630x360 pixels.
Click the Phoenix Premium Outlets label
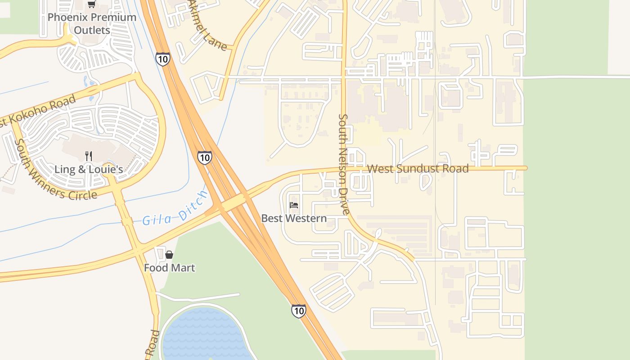pos(92,24)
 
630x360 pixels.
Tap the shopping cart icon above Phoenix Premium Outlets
pos(92,4)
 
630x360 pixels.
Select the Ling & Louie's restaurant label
pos(89,170)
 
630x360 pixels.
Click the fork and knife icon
pos(89,156)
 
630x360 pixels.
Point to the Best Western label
pos(294,218)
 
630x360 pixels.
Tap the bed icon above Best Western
pos(294,205)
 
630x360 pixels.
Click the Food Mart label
pos(169,268)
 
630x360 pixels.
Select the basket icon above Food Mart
pos(169,255)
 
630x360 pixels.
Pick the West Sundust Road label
pos(418,169)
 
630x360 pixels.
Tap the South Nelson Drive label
pos(343,164)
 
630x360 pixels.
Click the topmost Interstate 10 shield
pos(163,58)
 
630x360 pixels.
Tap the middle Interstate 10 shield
pos(204,157)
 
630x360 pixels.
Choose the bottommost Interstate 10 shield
pos(298,310)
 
